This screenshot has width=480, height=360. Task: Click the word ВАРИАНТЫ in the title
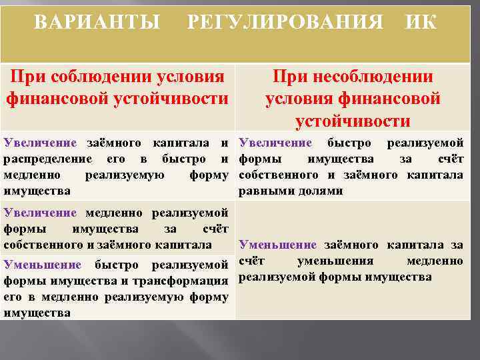(x=97, y=23)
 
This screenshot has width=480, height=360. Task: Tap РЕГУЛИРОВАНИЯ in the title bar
(x=285, y=23)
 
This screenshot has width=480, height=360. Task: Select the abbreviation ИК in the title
(x=421, y=23)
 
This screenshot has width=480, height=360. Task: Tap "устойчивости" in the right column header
(x=353, y=121)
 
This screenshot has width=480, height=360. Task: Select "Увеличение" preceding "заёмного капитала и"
(x=41, y=143)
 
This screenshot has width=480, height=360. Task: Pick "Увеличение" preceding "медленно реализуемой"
(x=41, y=213)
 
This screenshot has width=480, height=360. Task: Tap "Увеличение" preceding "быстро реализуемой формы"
(x=275, y=143)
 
